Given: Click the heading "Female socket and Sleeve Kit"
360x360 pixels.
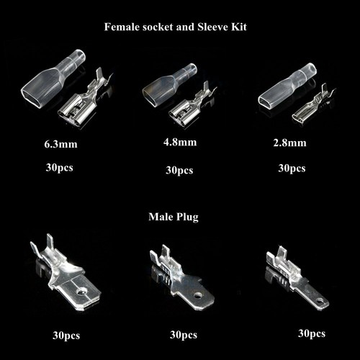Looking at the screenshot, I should click(x=180, y=27).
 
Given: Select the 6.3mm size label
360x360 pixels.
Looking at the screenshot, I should click(x=60, y=145).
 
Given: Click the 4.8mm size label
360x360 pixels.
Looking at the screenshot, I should click(x=180, y=142).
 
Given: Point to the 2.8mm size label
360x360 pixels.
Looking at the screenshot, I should click(x=291, y=143).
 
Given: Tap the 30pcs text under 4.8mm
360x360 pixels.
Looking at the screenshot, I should click(x=180, y=170).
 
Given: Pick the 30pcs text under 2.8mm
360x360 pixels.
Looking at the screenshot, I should click(x=291, y=168).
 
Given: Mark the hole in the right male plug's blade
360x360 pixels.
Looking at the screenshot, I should click(x=319, y=294).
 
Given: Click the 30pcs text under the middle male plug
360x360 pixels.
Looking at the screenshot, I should click(x=184, y=335).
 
